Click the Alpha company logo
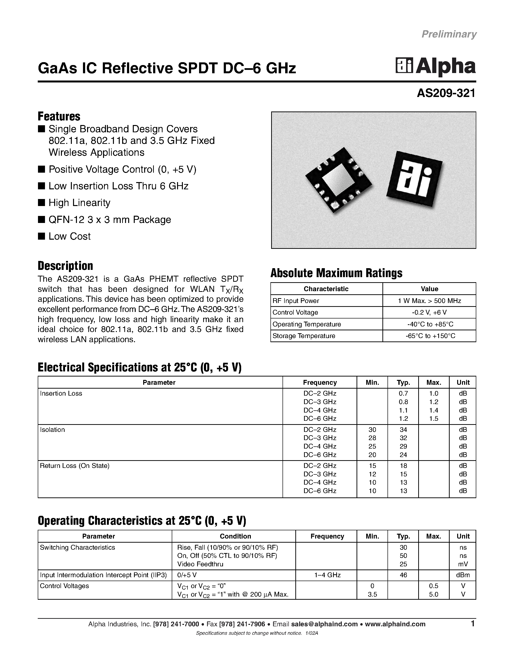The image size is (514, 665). (435, 66)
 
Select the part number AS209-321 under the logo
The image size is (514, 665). (446, 93)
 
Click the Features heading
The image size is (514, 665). (59, 116)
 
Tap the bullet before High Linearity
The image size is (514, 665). (41, 202)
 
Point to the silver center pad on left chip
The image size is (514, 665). (338, 180)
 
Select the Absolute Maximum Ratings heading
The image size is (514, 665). (336, 273)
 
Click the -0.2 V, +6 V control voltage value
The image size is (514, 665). (429, 312)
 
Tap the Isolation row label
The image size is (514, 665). (52, 430)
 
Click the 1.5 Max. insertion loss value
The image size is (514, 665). (434, 419)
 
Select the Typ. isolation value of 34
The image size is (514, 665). (403, 430)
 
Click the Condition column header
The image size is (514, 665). (235, 536)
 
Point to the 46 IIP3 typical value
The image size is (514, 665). (403, 575)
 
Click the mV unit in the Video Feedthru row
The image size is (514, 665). (463, 564)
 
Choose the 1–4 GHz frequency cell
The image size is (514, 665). (327, 575)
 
